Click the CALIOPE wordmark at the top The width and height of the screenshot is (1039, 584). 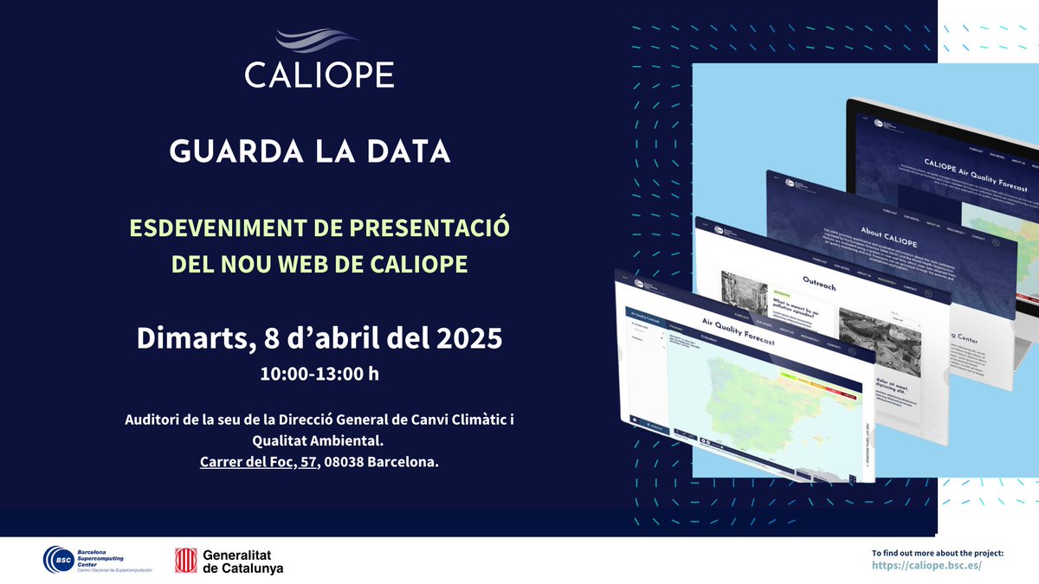[319, 74]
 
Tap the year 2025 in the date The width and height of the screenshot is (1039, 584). [468, 337]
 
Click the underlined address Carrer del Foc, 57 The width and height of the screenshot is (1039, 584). [256, 462]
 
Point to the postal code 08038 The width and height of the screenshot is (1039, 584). [345, 462]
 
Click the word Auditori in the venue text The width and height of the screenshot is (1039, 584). [153, 420]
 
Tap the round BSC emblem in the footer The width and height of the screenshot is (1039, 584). [58, 560]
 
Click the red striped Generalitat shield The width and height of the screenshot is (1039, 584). [185, 560]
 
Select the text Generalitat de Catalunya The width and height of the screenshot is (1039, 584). [242, 561]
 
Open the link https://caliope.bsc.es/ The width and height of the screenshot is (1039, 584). [926, 565]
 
